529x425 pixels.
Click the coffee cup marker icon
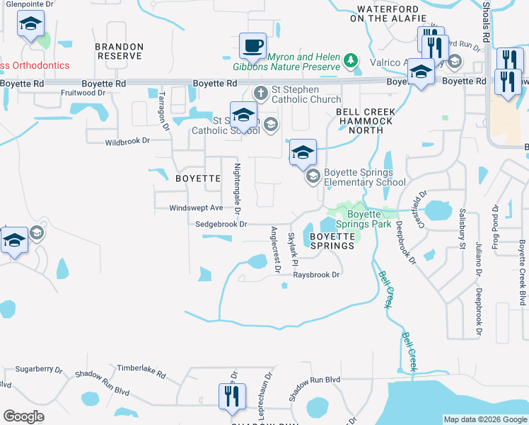(253, 46)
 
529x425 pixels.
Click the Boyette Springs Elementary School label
(364, 177)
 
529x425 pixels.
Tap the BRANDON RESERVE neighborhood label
(119, 51)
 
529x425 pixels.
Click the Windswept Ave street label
(196, 208)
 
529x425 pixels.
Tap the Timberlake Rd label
(141, 370)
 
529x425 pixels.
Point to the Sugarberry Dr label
(40, 370)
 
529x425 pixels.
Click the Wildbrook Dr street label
(128, 141)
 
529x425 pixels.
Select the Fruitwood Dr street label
(83, 92)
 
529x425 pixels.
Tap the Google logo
(23, 417)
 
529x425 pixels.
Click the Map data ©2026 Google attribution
(484, 419)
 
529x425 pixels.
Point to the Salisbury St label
(463, 227)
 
